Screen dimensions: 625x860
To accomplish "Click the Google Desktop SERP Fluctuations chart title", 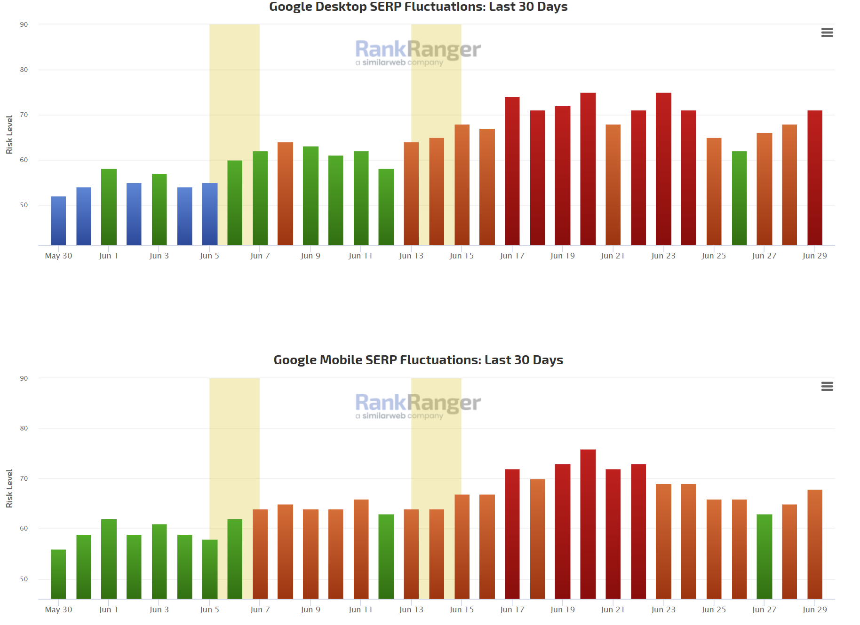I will [418, 7].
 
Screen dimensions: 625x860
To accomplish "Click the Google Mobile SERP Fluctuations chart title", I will [418, 360].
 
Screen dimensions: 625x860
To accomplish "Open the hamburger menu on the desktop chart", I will [827, 32].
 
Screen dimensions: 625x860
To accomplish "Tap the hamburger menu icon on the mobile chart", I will [827, 386].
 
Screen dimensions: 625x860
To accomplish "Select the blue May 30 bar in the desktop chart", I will [58, 221].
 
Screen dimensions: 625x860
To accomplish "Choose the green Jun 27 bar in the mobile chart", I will [764, 557].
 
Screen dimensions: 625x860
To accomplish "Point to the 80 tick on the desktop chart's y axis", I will [24, 70].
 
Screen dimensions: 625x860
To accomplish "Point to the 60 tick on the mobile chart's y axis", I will [24, 528].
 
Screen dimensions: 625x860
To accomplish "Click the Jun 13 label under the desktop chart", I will [411, 256].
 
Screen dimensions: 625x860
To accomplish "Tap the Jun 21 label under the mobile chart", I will [613, 609].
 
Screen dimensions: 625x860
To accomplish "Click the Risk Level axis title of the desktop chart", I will [9, 135].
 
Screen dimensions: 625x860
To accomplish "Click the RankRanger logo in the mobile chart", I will [418, 405].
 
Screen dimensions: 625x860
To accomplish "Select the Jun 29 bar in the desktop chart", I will [814, 179].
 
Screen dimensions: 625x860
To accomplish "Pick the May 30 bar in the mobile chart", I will [58, 574].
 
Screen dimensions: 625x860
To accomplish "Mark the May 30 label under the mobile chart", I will [58, 609].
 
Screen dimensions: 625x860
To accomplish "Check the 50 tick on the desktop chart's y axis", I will [24, 205].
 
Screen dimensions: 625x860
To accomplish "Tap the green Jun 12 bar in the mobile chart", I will [386, 557].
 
